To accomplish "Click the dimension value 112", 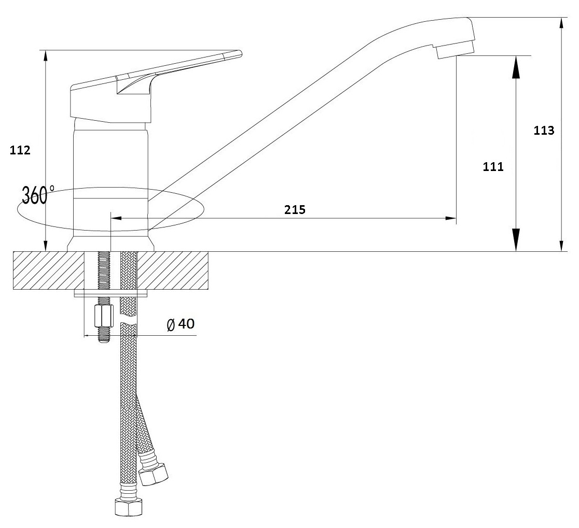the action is click(x=21, y=150).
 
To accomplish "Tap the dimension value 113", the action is click(x=544, y=130).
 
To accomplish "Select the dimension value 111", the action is click(x=493, y=167).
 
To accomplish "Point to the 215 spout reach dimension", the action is click(x=295, y=209).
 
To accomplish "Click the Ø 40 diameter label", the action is click(x=181, y=324).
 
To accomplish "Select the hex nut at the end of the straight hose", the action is click(x=127, y=507).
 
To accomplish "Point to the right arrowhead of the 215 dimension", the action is click(x=451, y=218).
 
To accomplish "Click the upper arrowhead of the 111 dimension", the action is click(x=516, y=67).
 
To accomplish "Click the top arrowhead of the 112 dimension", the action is click(x=46, y=56).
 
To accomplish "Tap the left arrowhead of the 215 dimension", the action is click(x=116, y=218).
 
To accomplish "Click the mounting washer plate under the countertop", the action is click(x=111, y=293).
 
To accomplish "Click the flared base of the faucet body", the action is click(x=111, y=244).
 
